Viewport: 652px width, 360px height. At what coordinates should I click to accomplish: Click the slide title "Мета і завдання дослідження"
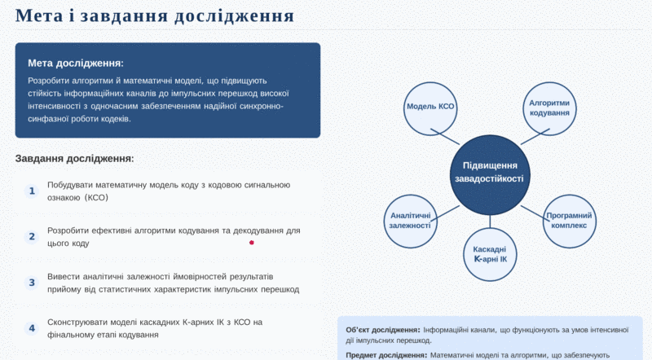click(x=155, y=15)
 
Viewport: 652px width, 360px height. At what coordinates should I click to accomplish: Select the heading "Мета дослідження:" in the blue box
click(x=76, y=64)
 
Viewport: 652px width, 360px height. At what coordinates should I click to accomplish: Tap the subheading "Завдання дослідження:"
click(x=75, y=158)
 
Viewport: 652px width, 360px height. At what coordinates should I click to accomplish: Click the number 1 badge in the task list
click(x=32, y=191)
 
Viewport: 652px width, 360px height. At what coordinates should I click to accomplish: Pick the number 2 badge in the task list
click(x=32, y=237)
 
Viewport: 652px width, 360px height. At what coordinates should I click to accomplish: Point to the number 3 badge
click(x=32, y=283)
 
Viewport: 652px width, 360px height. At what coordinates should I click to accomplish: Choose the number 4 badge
click(x=32, y=328)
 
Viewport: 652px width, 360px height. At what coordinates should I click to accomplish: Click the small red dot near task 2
click(x=252, y=243)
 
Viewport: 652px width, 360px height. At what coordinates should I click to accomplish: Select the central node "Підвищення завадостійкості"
click(x=490, y=174)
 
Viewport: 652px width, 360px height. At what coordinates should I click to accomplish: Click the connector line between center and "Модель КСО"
click(x=445, y=137)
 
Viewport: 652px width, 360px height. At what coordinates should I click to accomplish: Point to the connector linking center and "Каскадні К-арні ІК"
click(x=490, y=222)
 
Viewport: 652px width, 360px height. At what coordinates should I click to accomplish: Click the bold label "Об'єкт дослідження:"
click(x=383, y=330)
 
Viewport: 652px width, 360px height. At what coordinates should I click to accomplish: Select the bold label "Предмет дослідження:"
click(x=386, y=355)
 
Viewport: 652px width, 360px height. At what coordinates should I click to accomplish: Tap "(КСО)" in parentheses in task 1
click(x=96, y=198)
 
